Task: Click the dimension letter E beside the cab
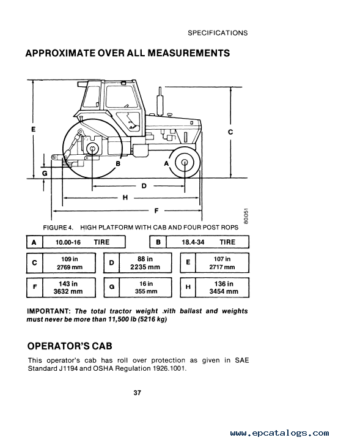click(33, 129)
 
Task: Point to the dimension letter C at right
click(230, 132)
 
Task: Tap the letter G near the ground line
click(45, 173)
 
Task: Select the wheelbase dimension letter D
click(144, 186)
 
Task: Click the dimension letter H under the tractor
click(125, 198)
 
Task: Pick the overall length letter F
click(156, 210)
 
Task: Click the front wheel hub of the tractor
click(185, 162)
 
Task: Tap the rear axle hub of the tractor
click(92, 149)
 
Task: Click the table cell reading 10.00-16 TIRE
click(84, 242)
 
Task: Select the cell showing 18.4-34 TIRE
click(208, 242)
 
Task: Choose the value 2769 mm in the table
click(70, 267)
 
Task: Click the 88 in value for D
click(145, 259)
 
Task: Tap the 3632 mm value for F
click(68, 291)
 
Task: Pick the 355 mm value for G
click(146, 291)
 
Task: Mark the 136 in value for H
click(224, 284)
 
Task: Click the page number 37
click(137, 393)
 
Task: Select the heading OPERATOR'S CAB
click(70, 346)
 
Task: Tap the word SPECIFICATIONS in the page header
click(218, 33)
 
